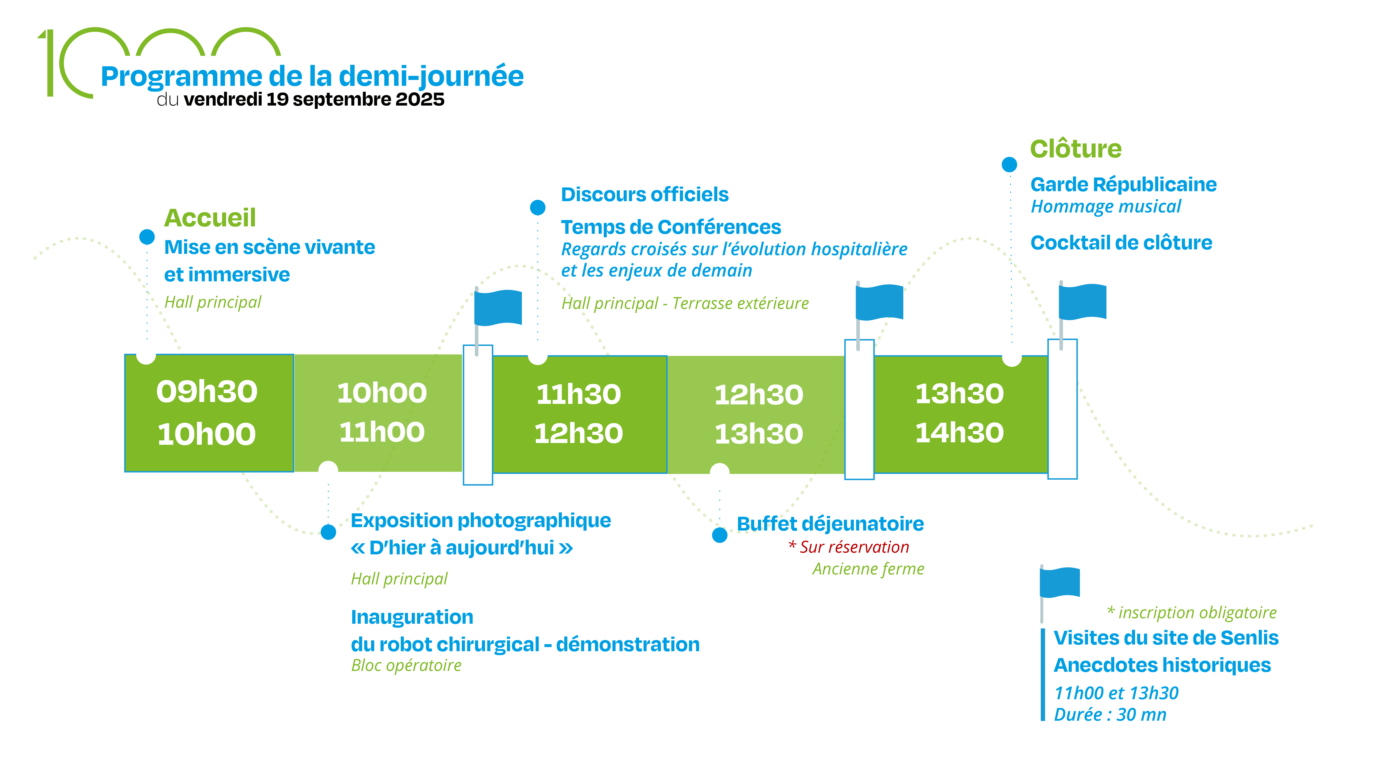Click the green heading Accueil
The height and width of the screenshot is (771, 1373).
(210, 217)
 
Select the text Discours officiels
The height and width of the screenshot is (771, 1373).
(644, 195)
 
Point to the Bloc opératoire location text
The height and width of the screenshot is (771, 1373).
(406, 665)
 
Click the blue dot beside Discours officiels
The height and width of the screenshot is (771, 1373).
(538, 207)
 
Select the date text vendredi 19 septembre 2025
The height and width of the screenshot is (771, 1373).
(314, 100)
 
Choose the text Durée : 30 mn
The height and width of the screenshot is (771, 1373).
(1110, 715)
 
